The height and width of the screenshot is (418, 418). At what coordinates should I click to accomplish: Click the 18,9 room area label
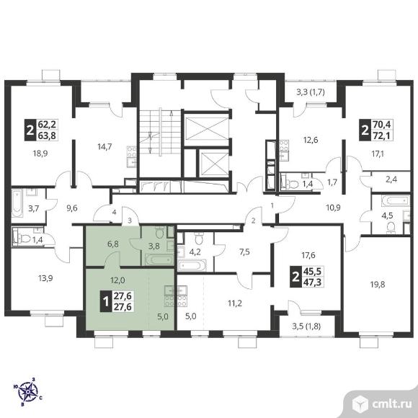pyautogui.click(x=40, y=154)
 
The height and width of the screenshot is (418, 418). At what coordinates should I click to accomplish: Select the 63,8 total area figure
pyautogui.click(x=47, y=135)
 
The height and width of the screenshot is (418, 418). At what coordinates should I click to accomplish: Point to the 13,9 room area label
pyautogui.click(x=45, y=278)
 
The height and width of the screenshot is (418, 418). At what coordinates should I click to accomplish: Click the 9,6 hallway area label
pyautogui.click(x=72, y=208)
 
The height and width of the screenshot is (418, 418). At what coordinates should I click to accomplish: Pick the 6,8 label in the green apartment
pyautogui.click(x=112, y=244)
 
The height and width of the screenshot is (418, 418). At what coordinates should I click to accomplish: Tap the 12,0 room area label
pyautogui.click(x=117, y=280)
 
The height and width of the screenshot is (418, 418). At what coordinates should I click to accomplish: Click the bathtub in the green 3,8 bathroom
pyautogui.click(x=159, y=259)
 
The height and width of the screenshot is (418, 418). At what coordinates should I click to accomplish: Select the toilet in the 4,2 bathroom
pyautogui.click(x=198, y=239)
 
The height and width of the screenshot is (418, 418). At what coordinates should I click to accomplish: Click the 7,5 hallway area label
pyautogui.click(x=244, y=252)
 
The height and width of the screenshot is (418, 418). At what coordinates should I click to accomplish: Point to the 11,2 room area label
pyautogui.click(x=235, y=303)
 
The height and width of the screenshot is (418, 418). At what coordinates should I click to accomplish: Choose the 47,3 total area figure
pyautogui.click(x=313, y=283)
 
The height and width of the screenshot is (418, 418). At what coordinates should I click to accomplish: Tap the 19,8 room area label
pyautogui.click(x=378, y=285)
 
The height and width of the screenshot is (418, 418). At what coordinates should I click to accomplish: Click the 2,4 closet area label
pyautogui.click(x=391, y=179)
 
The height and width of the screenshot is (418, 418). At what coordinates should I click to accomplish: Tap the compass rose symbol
pyautogui.click(x=27, y=392)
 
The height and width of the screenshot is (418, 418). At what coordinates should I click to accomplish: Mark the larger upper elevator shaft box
pyautogui.click(x=207, y=128)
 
